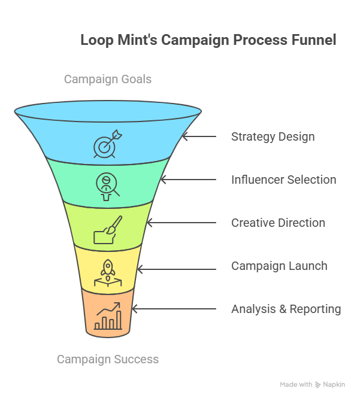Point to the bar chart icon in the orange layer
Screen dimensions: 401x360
pos(108,317)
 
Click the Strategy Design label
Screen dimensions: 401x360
pos(273,136)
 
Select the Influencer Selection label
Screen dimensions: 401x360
pos(283,180)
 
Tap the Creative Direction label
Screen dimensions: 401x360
pos(278,223)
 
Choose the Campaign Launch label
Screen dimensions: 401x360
pos(279,266)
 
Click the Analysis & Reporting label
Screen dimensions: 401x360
pos(286,309)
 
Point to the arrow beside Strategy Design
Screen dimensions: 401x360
pos(199,136)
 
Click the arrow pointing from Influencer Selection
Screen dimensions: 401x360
pos(188,180)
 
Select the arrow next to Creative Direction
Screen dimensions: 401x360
pos(181,223)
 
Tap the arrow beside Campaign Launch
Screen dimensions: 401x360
pos(176,266)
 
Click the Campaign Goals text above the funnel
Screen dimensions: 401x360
pos(108,79)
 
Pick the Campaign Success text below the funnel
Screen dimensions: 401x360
pos(108,359)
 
